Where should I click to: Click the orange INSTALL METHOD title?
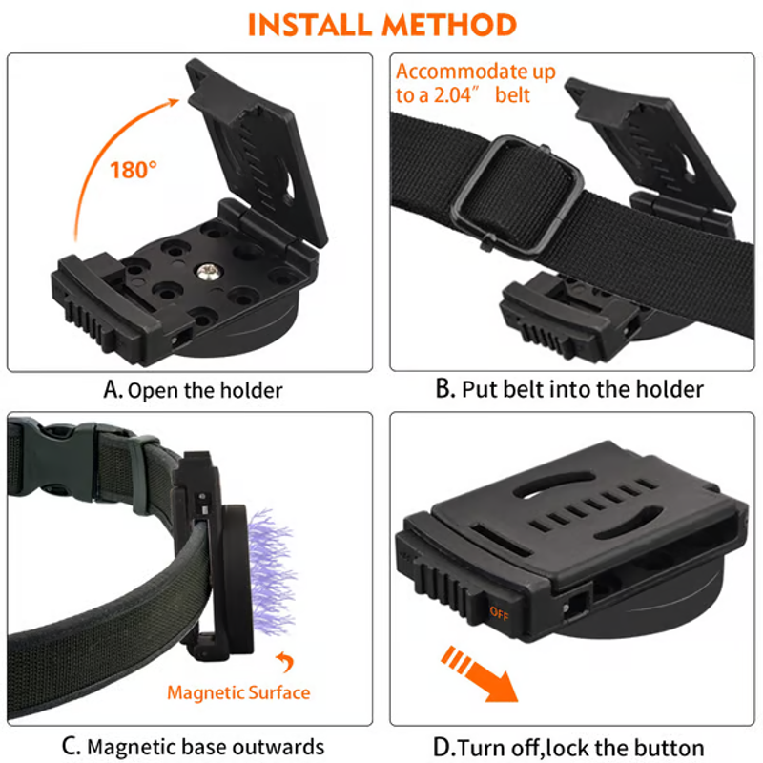[382, 25]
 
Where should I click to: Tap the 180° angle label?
[134, 170]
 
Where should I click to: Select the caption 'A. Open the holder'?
[193, 390]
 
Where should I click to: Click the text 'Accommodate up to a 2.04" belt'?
[475, 83]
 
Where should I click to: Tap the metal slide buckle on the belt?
[517, 195]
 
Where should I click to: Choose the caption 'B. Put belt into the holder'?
[568, 389]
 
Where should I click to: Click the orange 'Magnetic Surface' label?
[238, 692]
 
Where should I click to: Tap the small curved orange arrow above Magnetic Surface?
[285, 662]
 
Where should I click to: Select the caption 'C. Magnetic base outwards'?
[193, 747]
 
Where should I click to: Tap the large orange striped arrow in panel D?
[479, 674]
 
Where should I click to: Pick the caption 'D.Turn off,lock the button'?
[568, 747]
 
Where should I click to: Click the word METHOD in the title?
[448, 25]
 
